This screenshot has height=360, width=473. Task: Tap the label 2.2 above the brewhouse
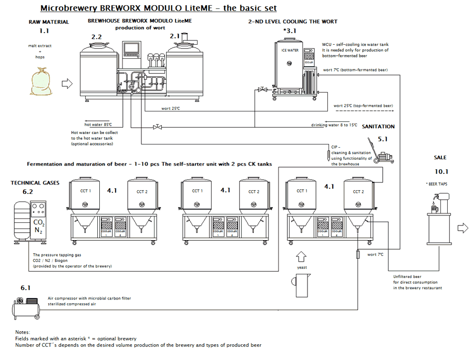(97, 37)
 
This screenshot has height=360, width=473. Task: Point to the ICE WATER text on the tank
(290, 50)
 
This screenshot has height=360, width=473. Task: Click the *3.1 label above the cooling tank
(290, 31)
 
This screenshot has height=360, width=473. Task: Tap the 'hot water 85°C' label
(98, 125)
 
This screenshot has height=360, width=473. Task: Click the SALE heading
(440, 158)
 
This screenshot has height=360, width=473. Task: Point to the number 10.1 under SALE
(440, 171)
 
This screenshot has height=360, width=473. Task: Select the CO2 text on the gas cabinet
(39, 223)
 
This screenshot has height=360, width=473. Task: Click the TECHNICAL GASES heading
(35, 183)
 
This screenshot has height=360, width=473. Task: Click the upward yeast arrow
(301, 257)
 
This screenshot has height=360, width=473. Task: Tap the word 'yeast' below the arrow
(301, 268)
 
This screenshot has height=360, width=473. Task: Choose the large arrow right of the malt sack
(67, 83)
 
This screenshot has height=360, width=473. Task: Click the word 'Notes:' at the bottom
(23, 332)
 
